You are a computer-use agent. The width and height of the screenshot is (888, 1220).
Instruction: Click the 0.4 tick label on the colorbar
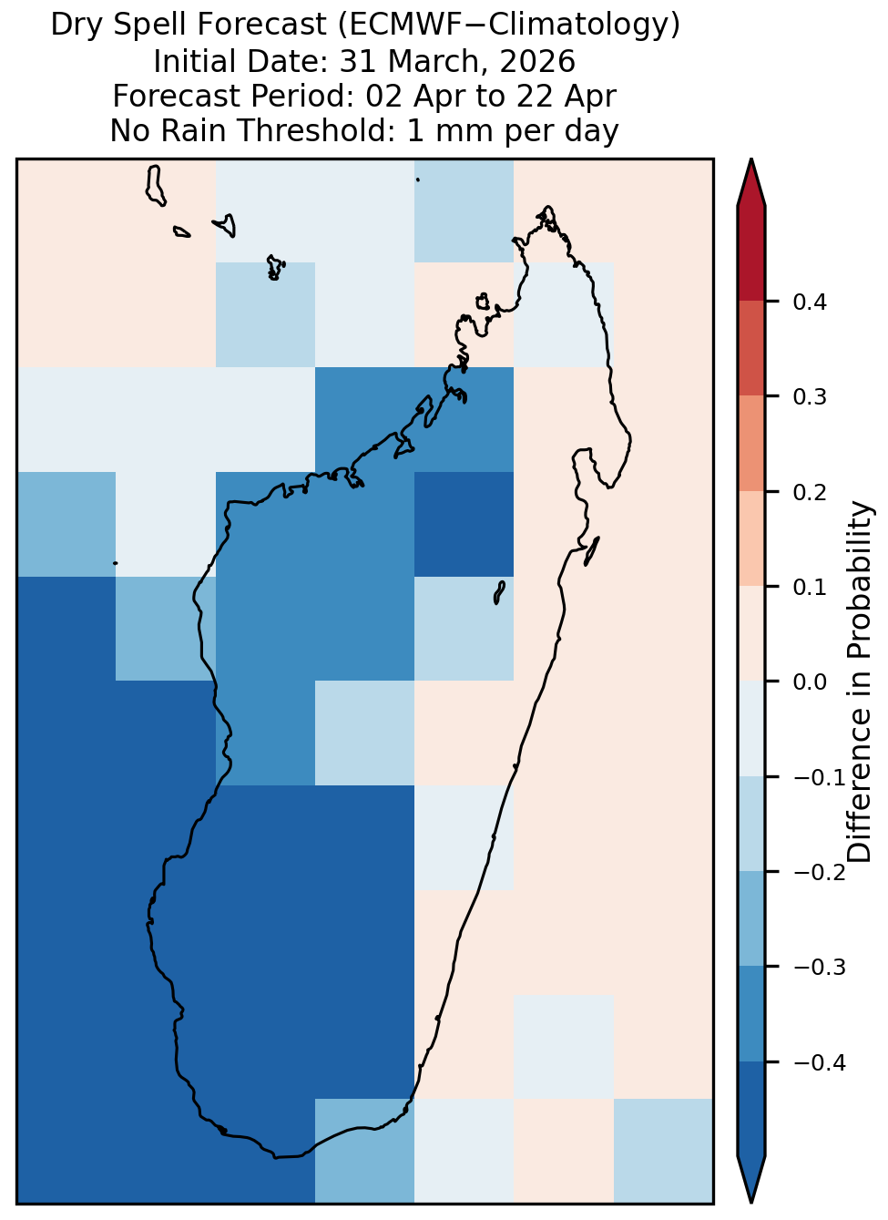[809, 302]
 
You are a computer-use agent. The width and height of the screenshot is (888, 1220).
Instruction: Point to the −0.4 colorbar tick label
[820, 1062]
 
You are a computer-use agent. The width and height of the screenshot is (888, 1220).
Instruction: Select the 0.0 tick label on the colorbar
[809, 682]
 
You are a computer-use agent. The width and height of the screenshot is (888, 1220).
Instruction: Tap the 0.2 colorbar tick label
[809, 492]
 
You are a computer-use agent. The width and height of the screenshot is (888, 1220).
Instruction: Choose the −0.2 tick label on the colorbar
[820, 873]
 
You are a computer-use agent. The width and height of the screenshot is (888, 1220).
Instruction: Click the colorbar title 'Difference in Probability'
[859, 682]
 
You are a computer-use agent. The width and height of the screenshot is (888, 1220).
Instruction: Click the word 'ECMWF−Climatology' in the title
[503, 25]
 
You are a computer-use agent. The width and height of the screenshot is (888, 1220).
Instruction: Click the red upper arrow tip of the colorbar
[750, 159]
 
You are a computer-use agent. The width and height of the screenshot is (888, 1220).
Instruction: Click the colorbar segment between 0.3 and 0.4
[750, 349]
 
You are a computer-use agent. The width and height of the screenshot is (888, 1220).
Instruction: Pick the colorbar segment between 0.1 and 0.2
[750, 538]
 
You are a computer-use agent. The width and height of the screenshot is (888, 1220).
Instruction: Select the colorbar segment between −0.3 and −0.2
[750, 918]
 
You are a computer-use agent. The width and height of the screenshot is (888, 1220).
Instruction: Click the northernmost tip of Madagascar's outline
[547, 207]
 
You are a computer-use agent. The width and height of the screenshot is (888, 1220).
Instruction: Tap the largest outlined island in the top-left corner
[156, 186]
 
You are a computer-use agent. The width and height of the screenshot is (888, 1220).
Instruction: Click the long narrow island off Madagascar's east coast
[592, 550]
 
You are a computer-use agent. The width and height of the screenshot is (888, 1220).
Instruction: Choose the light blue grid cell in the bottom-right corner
[663, 1150]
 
